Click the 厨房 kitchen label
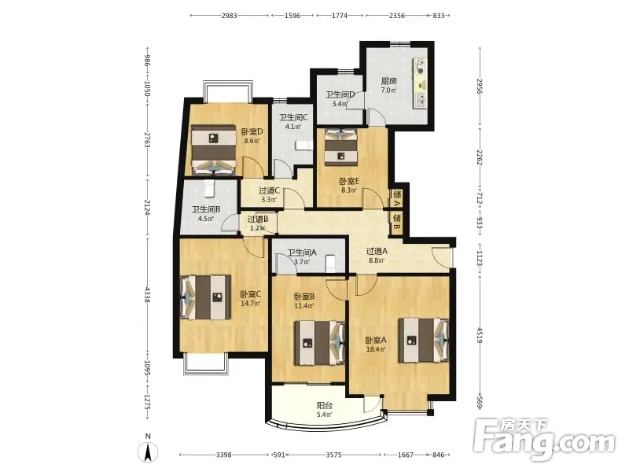click(x=388, y=81)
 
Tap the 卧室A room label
click(x=376, y=341)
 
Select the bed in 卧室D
click(x=213, y=149)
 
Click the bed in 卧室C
click(x=206, y=297)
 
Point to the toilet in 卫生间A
click(x=330, y=264)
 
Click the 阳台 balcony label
click(x=325, y=405)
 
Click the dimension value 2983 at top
click(x=230, y=16)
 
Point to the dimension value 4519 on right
click(x=480, y=335)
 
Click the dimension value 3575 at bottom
click(x=333, y=455)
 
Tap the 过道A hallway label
click(x=377, y=251)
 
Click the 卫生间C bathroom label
click(x=293, y=117)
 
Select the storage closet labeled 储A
click(x=397, y=199)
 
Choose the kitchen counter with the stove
click(x=420, y=83)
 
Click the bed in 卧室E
click(x=340, y=147)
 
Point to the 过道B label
click(x=258, y=219)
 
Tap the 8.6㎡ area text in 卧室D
click(x=252, y=141)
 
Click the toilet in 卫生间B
click(x=208, y=189)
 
